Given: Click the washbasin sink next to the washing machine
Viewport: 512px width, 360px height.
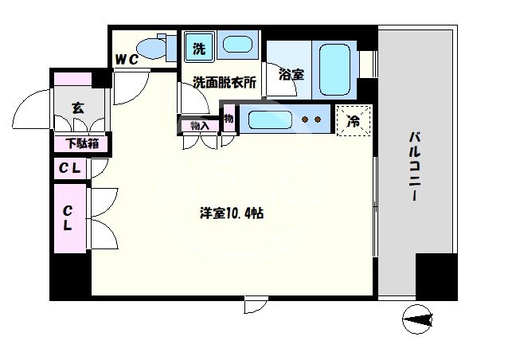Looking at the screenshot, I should [x=236, y=45].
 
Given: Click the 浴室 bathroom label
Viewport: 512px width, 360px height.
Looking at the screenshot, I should [x=291, y=75].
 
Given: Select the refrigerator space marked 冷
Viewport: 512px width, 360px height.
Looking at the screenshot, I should [x=354, y=121].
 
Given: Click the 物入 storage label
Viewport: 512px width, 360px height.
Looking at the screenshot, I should [x=199, y=125].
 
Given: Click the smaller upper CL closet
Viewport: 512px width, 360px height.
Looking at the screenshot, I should [x=71, y=168].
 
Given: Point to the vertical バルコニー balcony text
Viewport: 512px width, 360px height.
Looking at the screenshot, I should [x=415, y=167].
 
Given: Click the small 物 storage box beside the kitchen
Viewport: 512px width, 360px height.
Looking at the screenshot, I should [x=229, y=119].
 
